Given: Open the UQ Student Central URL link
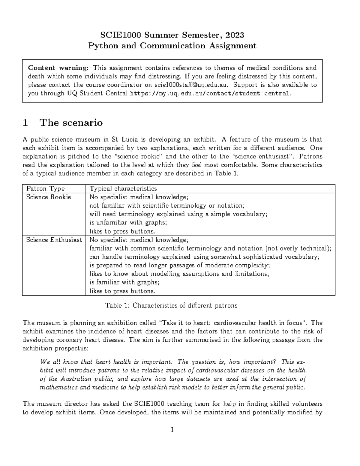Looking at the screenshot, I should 210,93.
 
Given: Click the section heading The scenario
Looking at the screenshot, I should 71,123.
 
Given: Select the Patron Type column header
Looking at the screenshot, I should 45,189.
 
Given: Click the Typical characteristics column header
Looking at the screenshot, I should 123,189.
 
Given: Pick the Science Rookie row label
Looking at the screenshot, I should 49,197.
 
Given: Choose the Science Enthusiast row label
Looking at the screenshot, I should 54,240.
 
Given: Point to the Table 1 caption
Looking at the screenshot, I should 171,305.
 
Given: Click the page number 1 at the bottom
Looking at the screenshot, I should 172,430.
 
